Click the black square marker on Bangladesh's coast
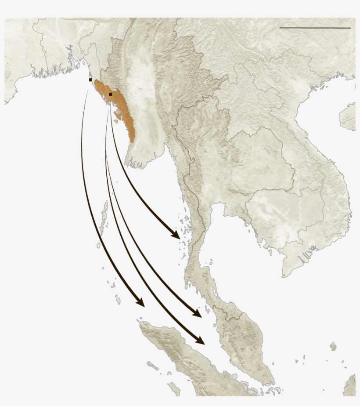[90, 80]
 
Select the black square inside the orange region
[111, 94]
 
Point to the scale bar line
[315, 28]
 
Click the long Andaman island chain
[103, 217]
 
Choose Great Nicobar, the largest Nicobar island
[118, 301]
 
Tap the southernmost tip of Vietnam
[284, 275]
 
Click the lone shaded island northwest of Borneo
[333, 347]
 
